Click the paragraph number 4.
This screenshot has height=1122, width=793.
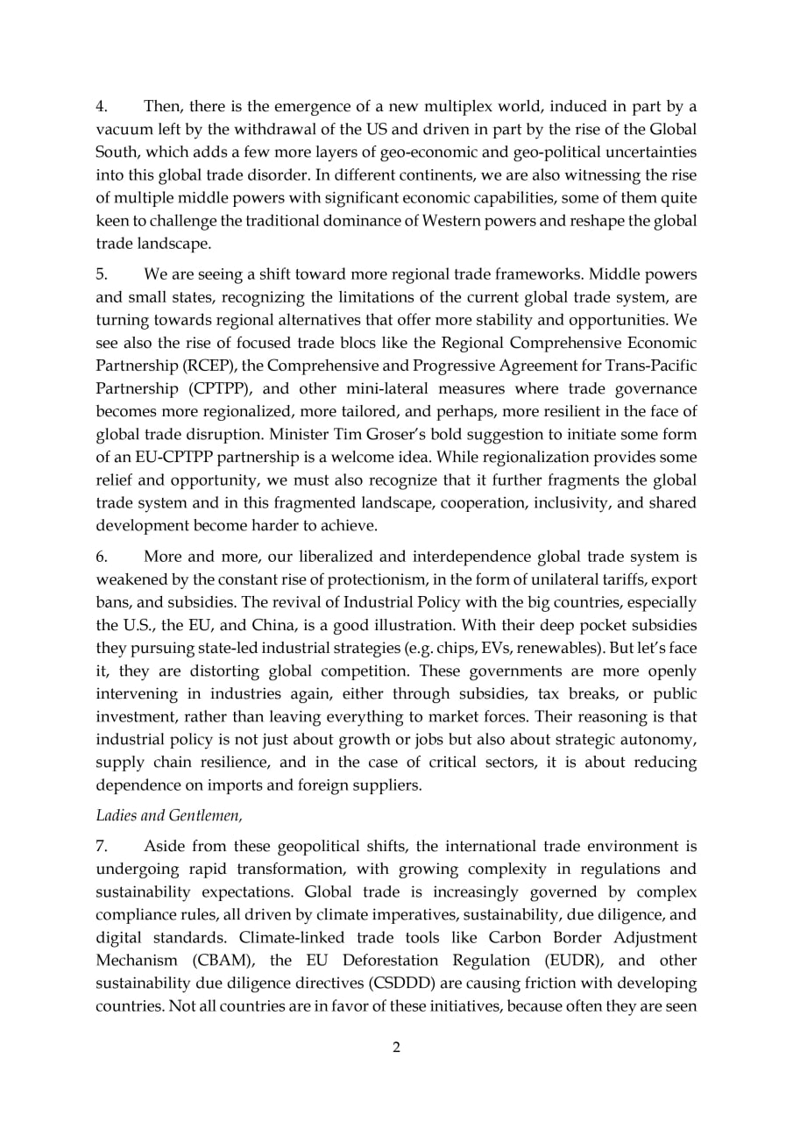pyautogui.click(x=101, y=107)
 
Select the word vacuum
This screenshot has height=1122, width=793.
pyautogui.click(x=122, y=129)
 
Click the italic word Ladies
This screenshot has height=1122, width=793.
pyautogui.click(x=115, y=815)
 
